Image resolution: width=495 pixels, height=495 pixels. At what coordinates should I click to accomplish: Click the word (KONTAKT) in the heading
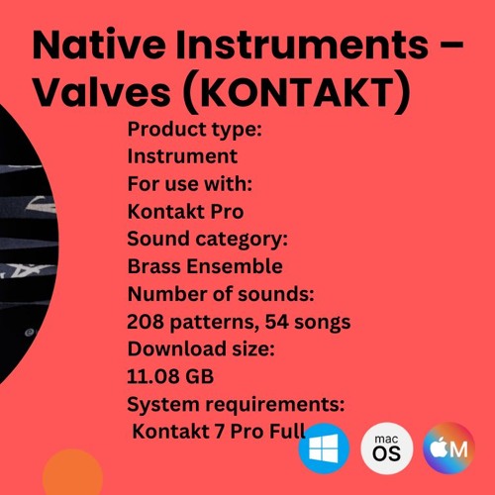pos(297,96)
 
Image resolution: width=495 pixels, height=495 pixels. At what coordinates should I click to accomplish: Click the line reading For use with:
pos(189,183)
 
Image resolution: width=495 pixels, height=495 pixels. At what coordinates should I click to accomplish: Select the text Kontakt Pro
pos(185,211)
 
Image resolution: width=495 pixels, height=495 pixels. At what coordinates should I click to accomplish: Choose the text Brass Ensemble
pos(205,266)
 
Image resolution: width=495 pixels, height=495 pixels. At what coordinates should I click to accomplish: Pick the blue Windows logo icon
pos(324,447)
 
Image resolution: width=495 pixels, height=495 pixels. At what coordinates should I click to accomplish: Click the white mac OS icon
pos(387,447)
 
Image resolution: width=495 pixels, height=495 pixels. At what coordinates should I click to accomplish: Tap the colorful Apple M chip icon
pos(447,447)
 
